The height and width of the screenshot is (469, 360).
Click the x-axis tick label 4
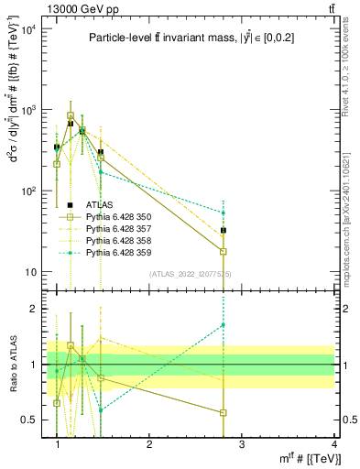click(x=334, y=444)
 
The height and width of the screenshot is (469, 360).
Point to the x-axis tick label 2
click(x=149, y=444)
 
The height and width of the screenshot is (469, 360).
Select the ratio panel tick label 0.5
click(x=31, y=420)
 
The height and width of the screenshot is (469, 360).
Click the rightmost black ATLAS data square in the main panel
click(x=224, y=231)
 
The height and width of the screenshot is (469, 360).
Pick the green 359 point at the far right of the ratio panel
click(x=224, y=325)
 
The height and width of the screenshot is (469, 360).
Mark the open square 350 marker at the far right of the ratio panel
click(x=224, y=413)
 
